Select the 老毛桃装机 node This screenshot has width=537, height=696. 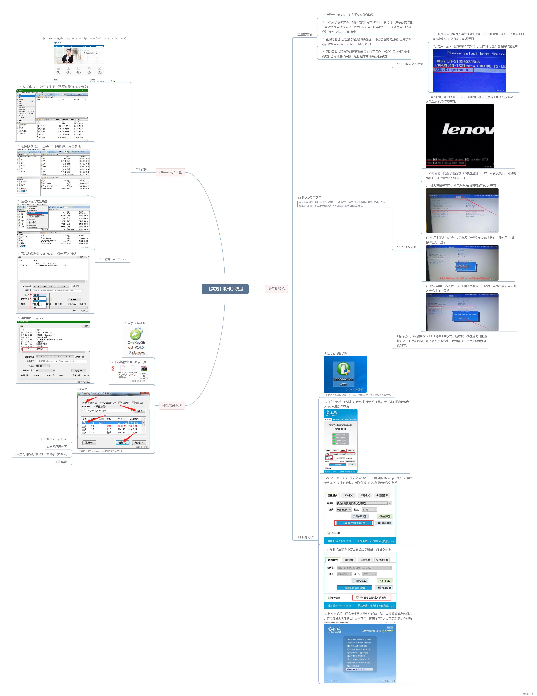276,289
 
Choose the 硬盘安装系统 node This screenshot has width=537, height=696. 172,405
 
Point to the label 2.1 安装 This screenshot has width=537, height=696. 141,169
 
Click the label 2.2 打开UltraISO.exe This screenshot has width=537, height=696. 113,259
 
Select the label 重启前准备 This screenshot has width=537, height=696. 304,34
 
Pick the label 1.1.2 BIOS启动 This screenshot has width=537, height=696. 406,247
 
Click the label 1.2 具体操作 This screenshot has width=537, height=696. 305,537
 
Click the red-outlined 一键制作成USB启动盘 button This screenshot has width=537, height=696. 354,523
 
